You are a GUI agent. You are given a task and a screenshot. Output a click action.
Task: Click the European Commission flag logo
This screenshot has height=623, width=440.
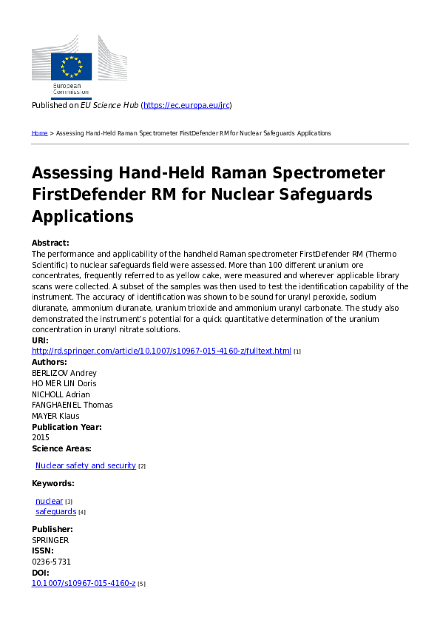(71, 67)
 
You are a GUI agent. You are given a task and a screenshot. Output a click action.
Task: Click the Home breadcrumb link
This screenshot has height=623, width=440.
(39, 133)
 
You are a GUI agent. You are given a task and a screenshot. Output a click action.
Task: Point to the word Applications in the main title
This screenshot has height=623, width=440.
(82, 216)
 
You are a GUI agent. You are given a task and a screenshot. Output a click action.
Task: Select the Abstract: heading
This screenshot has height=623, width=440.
(50, 243)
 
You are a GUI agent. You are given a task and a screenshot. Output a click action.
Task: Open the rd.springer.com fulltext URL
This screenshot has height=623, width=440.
(161, 351)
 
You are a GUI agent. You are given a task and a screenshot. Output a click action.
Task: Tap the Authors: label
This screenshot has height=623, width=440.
(50, 362)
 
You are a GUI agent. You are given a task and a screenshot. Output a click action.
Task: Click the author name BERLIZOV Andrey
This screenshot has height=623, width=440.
(64, 373)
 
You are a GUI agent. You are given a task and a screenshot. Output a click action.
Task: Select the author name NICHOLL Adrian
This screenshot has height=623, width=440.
(61, 394)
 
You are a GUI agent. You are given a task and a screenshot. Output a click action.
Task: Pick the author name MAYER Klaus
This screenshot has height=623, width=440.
(55, 416)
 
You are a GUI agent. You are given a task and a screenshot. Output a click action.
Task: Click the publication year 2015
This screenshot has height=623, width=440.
(41, 437)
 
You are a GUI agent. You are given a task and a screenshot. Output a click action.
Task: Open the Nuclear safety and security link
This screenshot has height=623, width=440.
(85, 465)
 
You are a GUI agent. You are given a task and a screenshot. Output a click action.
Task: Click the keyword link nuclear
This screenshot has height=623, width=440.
(49, 501)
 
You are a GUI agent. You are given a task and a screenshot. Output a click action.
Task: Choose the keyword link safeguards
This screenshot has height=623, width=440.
(55, 511)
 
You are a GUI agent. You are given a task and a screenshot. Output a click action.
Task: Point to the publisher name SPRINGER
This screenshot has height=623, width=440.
(50, 540)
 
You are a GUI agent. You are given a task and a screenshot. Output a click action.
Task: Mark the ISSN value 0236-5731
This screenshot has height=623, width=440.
(51, 562)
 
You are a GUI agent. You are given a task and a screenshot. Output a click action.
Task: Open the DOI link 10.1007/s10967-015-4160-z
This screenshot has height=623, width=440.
(84, 583)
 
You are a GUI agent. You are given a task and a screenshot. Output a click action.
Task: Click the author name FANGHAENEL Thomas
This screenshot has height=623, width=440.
(71, 405)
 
